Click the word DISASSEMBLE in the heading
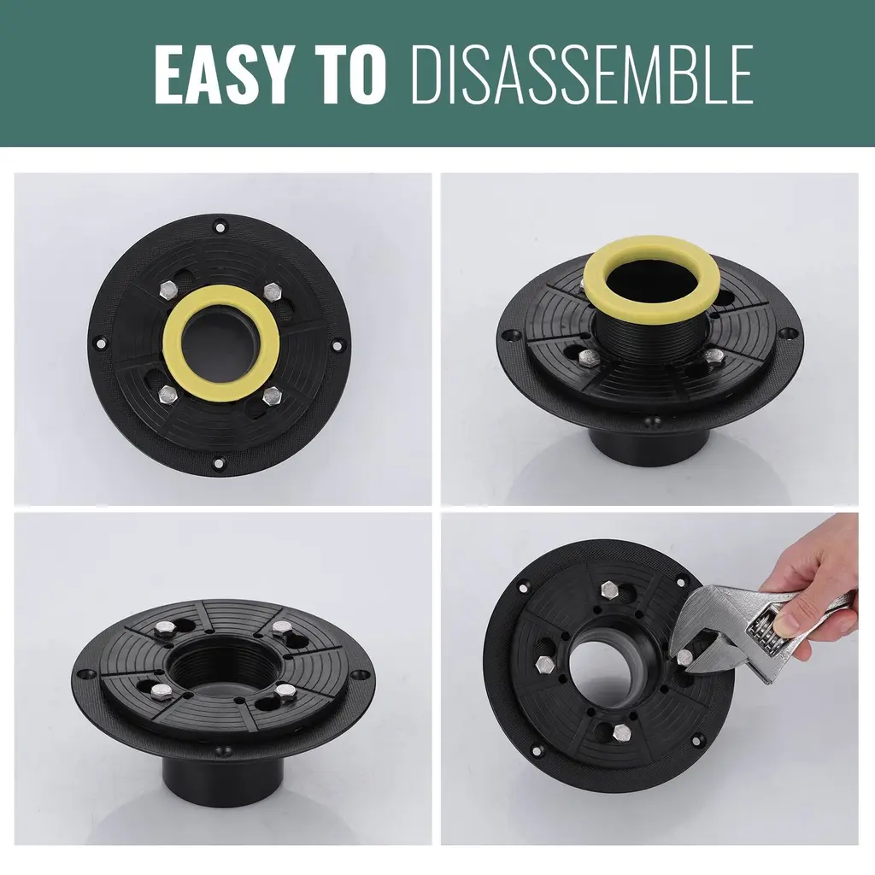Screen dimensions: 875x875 coord(581,74)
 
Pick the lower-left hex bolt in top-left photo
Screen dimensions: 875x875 coord(168,395)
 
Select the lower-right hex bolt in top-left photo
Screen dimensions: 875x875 coord(272,396)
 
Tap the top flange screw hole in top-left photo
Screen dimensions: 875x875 coord(221,226)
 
